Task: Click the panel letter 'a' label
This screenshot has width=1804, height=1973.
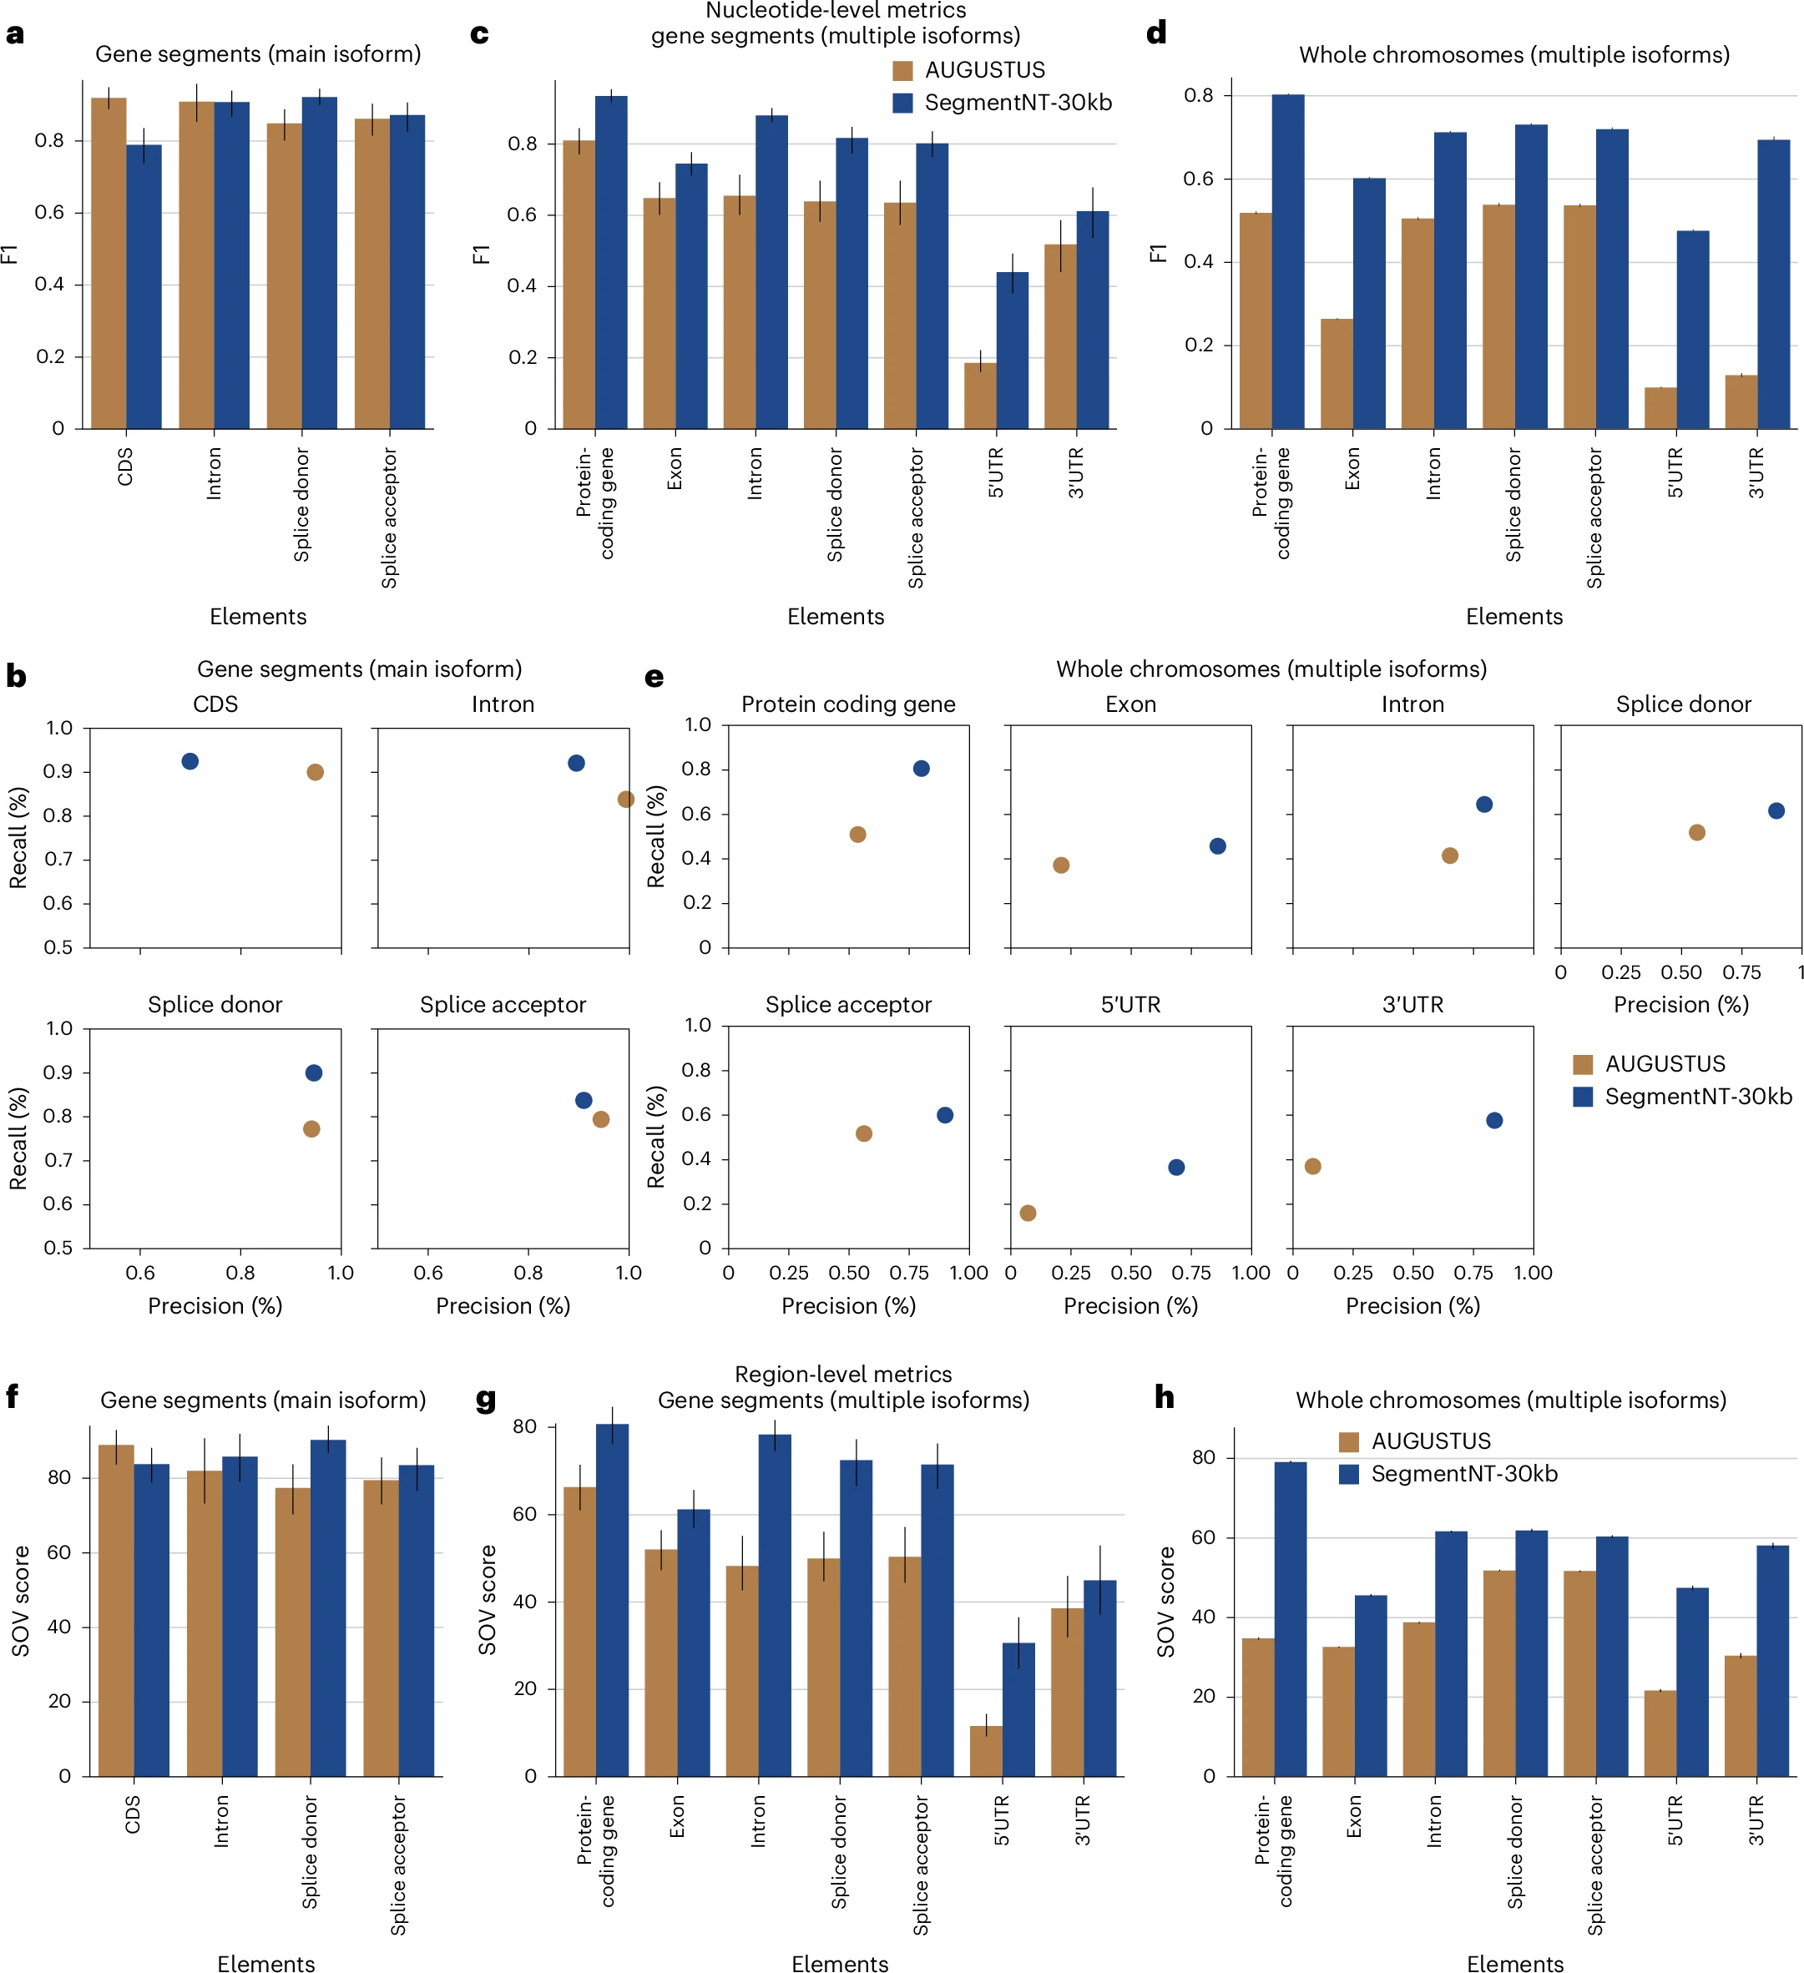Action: point(15,34)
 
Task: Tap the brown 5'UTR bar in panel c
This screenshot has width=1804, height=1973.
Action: point(980,396)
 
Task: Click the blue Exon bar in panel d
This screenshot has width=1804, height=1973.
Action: point(1368,304)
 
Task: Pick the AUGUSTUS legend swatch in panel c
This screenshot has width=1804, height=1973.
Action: point(902,70)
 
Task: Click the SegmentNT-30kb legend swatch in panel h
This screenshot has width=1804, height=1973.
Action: point(1349,1473)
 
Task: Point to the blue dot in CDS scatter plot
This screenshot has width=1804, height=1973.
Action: point(189,761)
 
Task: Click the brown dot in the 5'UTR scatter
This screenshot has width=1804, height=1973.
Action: point(1028,1213)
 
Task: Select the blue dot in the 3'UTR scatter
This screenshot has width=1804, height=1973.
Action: point(1493,1121)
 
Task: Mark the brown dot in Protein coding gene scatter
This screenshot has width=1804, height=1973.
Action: point(857,835)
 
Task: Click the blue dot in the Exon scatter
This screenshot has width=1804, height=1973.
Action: point(1218,846)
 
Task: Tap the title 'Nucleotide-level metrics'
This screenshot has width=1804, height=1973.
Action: point(835,11)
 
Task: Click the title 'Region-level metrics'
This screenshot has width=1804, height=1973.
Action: point(843,1374)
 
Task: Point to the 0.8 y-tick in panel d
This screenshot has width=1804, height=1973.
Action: point(1198,96)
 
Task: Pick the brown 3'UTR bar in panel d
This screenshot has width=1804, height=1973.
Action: point(1741,401)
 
